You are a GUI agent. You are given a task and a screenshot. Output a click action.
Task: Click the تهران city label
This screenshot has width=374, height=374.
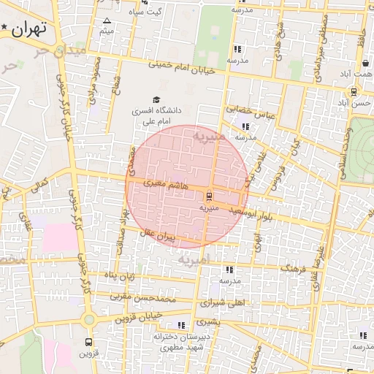29,28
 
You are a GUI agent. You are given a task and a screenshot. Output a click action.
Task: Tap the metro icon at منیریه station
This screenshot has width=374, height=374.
210,195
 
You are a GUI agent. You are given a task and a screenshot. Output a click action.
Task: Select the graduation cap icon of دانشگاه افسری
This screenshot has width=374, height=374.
156,99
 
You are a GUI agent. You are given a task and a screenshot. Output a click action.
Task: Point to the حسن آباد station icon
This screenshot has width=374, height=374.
354,92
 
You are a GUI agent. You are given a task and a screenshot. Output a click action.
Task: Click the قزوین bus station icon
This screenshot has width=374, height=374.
88,341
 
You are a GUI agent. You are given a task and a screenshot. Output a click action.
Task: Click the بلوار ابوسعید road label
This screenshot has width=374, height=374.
250,213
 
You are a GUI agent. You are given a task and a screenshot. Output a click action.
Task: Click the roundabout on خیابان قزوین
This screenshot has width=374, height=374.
89,320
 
